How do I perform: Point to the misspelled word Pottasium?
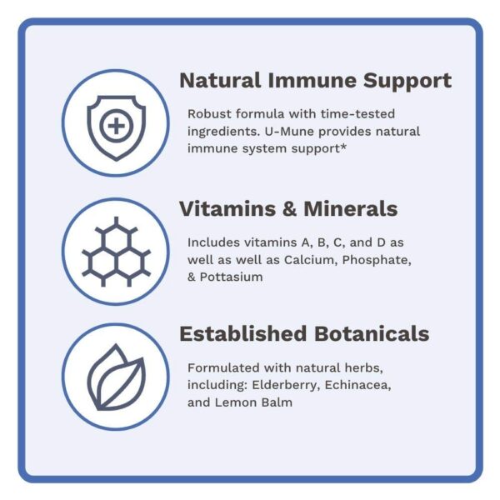[x=232, y=277]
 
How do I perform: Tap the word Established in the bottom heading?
[x=242, y=334]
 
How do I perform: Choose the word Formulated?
[x=222, y=369]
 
